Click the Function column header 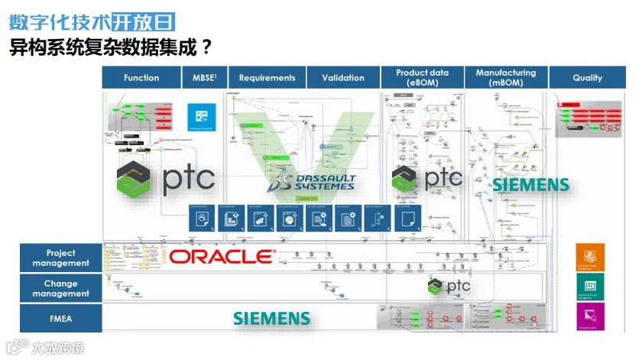[x=141, y=77]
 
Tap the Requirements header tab [x=267, y=77]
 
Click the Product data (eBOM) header [x=423, y=77]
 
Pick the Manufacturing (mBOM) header [x=506, y=77]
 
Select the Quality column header [x=587, y=77]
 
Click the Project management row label [x=60, y=258]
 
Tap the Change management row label [x=60, y=288]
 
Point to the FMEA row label [x=60, y=318]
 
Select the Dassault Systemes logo [x=310, y=177]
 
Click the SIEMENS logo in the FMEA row [x=272, y=318]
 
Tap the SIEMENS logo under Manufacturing [x=530, y=184]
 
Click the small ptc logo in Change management [x=448, y=286]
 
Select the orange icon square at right [x=590, y=258]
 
